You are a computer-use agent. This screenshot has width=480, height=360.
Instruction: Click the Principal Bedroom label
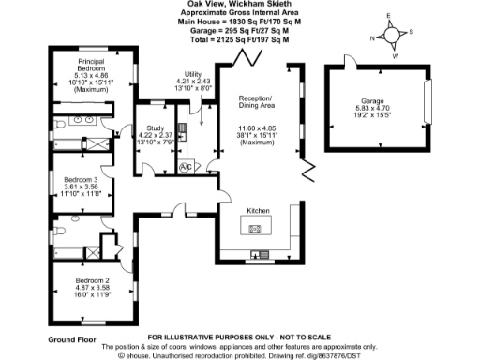[91, 66]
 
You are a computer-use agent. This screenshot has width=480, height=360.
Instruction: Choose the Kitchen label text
[258, 211]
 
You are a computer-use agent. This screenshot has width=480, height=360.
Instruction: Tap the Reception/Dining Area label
[258, 102]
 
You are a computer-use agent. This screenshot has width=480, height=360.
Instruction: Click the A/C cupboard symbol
[186, 167]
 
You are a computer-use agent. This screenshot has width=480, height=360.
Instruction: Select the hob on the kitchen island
[253, 228]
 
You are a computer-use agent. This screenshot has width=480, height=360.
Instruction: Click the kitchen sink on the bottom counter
[259, 254]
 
